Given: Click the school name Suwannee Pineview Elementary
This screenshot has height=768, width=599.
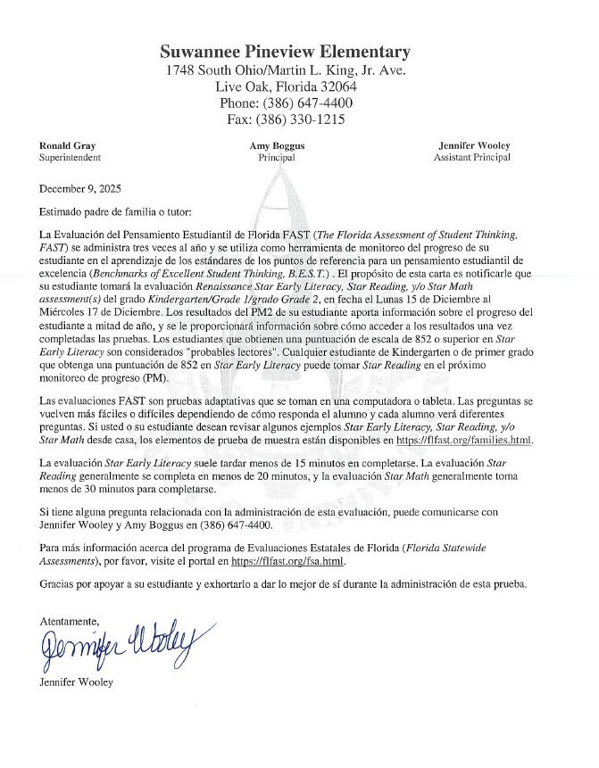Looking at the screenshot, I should tap(286, 52).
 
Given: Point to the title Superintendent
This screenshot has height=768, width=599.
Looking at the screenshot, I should tap(70, 157).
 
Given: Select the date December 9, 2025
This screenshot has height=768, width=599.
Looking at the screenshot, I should tap(80, 189).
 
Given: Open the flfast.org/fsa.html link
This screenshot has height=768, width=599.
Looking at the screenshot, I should tap(287, 563).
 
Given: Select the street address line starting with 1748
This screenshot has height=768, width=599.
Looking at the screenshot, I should tap(286, 70).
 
